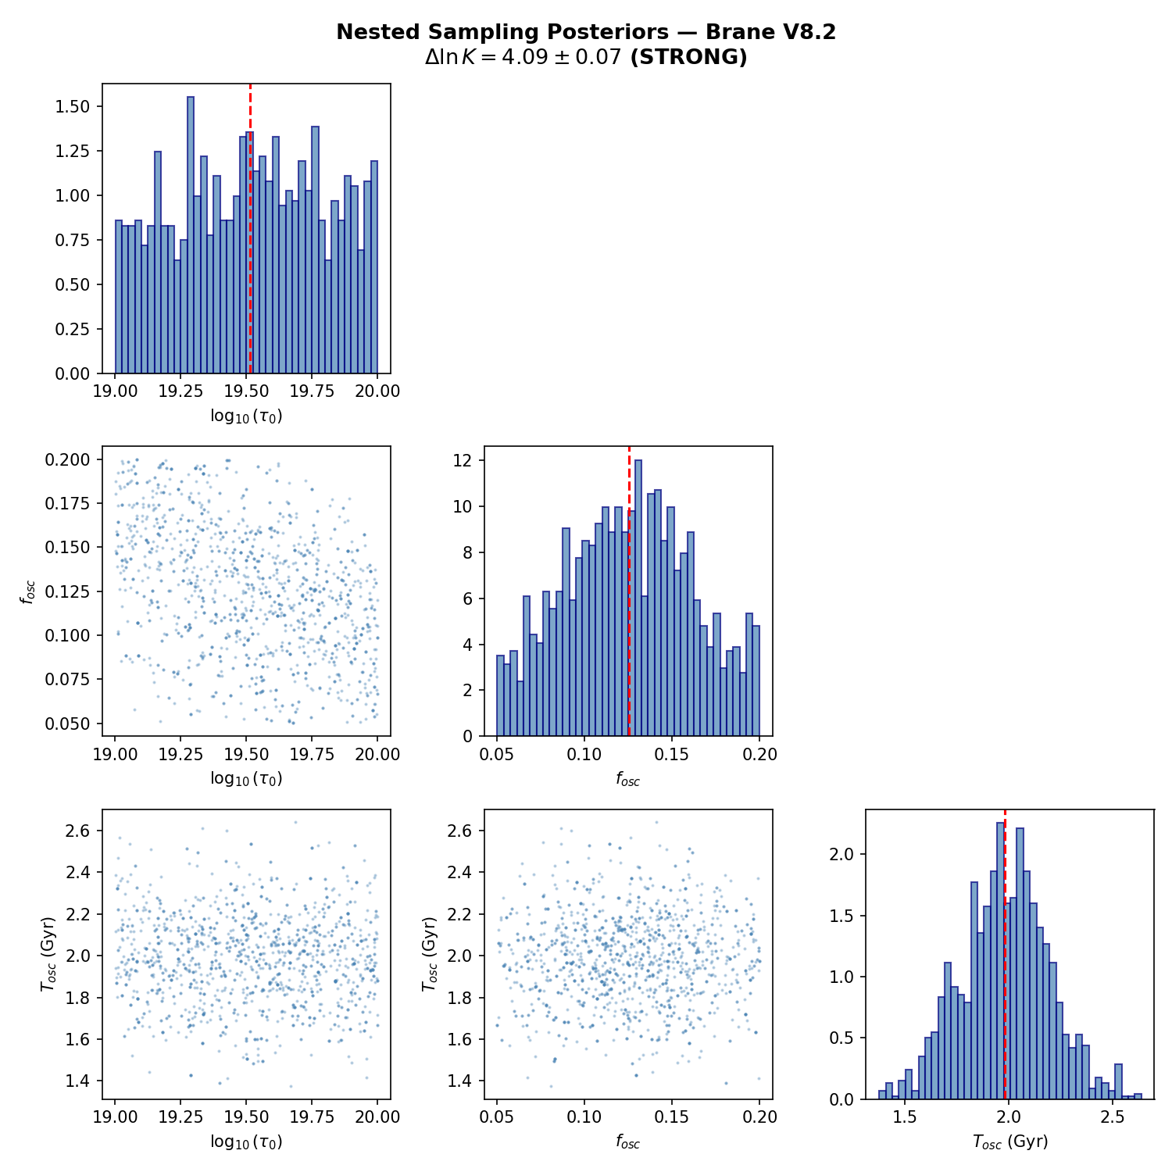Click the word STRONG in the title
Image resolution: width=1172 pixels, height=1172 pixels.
[688, 57]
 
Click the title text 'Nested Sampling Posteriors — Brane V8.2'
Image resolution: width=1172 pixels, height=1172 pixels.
[586, 32]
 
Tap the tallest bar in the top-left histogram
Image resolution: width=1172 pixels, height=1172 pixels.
[191, 234]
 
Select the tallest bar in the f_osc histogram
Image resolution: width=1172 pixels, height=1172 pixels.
[638, 598]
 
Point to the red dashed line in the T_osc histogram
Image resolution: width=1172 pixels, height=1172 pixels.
[1005, 953]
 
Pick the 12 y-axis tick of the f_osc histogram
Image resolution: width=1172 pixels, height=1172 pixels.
[463, 461]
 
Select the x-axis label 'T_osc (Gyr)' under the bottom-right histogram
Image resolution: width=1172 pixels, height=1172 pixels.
[1010, 1142]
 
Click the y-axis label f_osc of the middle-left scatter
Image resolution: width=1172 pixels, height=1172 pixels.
[28, 591]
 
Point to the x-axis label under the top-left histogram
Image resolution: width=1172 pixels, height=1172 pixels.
[246, 416]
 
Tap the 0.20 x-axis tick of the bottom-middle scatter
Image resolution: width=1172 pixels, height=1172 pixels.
[759, 1117]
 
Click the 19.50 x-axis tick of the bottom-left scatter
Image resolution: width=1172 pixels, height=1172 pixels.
[246, 1117]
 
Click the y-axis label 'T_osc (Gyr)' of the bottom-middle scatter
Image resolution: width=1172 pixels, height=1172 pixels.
[429, 953]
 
